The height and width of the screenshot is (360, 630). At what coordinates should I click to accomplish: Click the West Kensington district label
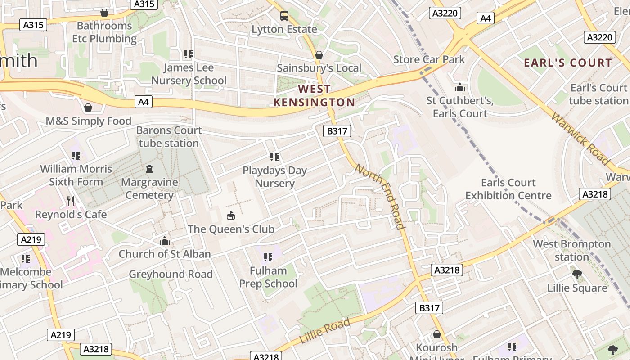coord(314,95)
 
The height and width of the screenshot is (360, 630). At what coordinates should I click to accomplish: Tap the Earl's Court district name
coord(568,63)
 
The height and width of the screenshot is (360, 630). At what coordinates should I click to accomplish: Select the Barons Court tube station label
coord(169,137)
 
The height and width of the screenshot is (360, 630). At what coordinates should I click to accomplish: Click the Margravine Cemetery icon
coord(149,169)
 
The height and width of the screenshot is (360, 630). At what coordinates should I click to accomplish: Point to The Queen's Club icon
coord(231,216)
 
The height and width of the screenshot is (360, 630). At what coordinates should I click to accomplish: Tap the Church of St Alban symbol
coord(165,241)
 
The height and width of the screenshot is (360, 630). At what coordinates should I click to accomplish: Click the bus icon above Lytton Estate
coord(284,16)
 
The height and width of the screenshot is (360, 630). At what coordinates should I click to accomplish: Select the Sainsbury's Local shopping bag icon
coord(319,55)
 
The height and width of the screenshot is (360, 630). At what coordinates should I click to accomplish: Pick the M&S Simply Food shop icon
coord(88,108)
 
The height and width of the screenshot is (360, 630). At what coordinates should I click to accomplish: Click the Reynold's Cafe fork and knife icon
coord(71,201)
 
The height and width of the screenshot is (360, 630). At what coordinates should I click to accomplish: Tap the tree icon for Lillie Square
coord(577,274)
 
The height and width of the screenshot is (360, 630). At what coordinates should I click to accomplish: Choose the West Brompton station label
coord(572,250)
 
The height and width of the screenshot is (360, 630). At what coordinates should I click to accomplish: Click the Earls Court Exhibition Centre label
coord(508,189)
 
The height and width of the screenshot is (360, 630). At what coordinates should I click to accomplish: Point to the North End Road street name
coord(381,196)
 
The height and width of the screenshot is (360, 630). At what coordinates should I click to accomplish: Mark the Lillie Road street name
coord(324,331)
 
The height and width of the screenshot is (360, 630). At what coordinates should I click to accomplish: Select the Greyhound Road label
coord(171,274)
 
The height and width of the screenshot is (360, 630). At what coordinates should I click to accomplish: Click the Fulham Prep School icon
coord(268,257)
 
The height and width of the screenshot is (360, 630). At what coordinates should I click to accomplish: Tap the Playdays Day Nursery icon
coord(274,157)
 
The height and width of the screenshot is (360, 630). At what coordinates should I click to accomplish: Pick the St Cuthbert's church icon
coord(460,87)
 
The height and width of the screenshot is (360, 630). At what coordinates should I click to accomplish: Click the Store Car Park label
coord(429,59)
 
